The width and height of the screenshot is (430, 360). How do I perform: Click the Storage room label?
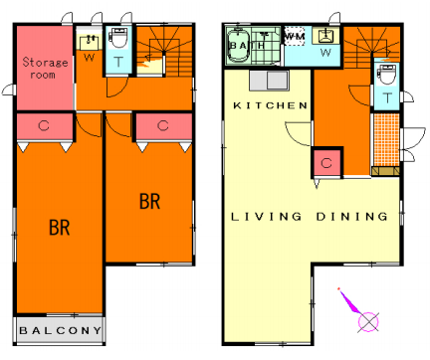45,68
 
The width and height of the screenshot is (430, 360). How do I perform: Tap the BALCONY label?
60,330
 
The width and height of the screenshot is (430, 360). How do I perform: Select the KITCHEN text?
271,105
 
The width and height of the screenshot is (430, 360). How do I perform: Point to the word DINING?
351,217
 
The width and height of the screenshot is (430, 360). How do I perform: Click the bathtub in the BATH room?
239,46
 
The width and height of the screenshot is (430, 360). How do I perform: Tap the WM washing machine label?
295,36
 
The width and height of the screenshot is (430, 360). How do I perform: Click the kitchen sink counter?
269,81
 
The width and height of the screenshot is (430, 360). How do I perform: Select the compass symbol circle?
368,321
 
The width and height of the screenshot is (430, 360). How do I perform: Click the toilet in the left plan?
118,38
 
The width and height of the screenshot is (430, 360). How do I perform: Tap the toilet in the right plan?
386,75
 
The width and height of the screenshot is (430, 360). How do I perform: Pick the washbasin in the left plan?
90,41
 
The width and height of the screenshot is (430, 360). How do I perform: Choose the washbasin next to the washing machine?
326,36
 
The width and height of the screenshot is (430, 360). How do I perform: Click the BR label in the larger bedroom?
60,228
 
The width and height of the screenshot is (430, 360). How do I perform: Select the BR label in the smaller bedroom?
149,201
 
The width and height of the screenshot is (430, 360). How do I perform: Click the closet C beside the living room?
326,163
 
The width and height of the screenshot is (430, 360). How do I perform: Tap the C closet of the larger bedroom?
45,126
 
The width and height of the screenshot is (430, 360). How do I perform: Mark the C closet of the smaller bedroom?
164,126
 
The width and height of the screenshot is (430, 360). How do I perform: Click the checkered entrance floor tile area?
386,139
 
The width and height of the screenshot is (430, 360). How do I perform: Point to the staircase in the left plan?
164,52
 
